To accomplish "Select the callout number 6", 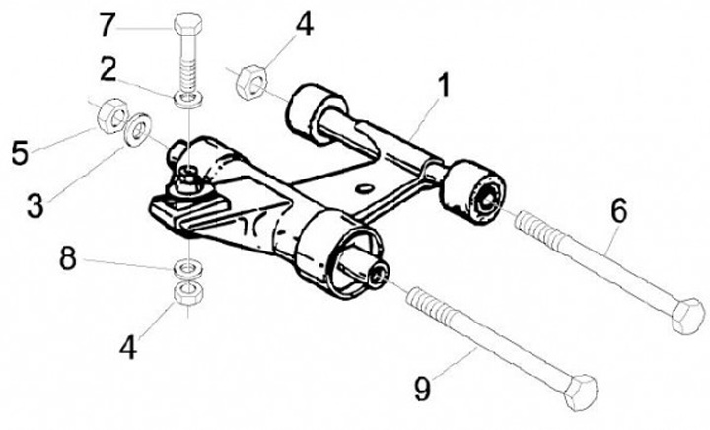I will point(618,210).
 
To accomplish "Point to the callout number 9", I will point(423,390).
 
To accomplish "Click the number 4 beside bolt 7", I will point(305,22).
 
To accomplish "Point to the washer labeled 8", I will point(185,267).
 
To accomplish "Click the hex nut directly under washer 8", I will point(185,293).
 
